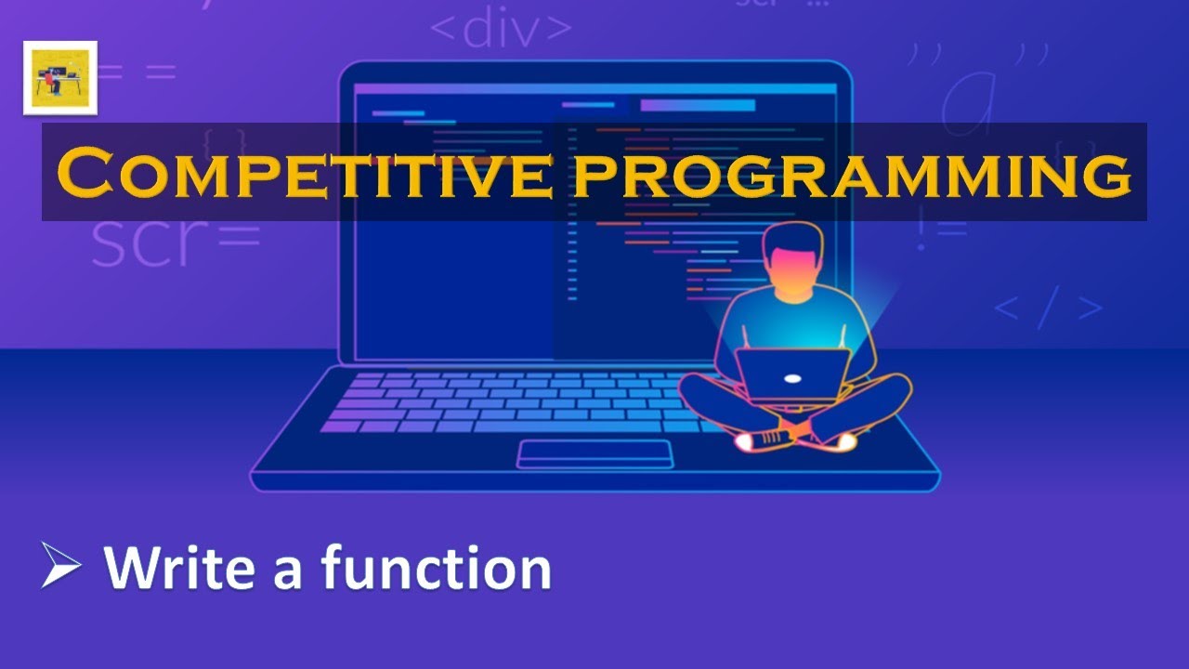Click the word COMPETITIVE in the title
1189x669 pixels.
point(307,174)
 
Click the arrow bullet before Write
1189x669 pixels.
point(61,566)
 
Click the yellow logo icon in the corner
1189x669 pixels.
point(60,78)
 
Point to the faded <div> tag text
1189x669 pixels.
point(501,29)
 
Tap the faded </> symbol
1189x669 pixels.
point(1048,309)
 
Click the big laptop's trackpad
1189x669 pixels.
point(594,453)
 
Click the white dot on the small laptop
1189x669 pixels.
point(791,378)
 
